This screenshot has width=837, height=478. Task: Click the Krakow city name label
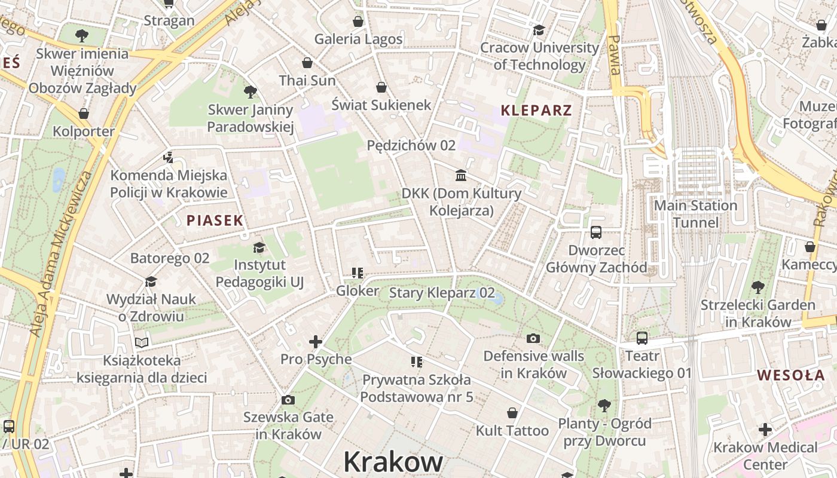393,461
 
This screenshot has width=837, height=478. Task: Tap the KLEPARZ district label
536,110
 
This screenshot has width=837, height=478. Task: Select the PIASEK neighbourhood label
215,220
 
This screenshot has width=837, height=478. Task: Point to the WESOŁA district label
791,375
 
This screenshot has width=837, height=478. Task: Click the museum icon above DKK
461,175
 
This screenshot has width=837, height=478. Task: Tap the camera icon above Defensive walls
533,338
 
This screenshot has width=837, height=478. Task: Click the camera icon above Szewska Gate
288,400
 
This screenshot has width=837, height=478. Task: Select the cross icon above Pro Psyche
316,342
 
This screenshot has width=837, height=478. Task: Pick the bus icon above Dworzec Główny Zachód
596,232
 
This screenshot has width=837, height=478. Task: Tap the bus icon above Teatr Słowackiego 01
642,338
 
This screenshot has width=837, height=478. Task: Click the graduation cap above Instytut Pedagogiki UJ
259,247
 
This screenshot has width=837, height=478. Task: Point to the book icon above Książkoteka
142,342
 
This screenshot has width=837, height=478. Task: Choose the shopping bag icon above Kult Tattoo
512,413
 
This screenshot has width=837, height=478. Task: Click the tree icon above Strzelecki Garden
757,287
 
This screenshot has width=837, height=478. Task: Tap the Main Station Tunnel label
695,214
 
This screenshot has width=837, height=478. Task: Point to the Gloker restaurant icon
358,274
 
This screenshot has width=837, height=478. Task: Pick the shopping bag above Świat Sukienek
381,88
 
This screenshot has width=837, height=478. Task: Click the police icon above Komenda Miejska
169,158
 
